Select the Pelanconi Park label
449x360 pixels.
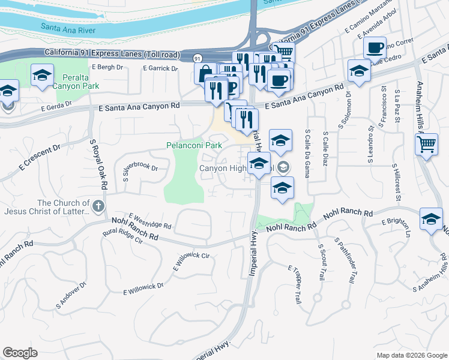coord(194,145)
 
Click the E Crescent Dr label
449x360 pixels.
coord(40,157)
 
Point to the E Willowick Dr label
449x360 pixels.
coord(143,289)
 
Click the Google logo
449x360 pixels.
coord(20,353)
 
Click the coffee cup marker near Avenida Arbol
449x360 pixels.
coord(375,47)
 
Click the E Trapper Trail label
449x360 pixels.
coord(294,284)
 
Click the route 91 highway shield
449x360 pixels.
coord(197,58)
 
